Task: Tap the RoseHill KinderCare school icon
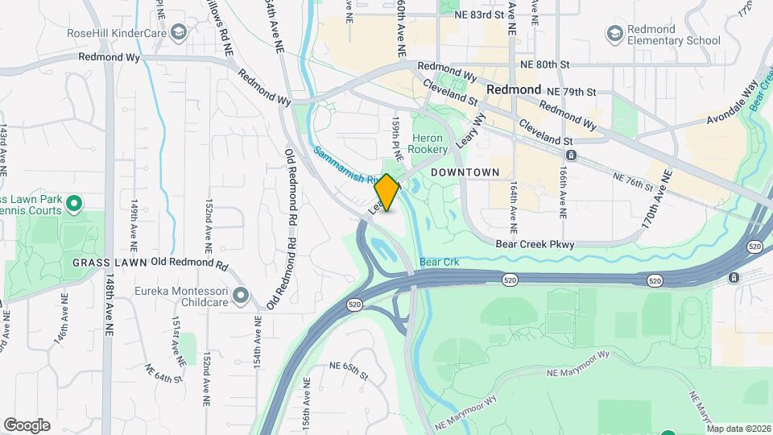pyautogui.click(x=178, y=33)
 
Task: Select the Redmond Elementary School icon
pyautogui.click(x=615, y=33)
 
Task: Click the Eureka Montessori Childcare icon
pyautogui.click(x=240, y=296)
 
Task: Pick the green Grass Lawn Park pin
pyautogui.click(x=75, y=204)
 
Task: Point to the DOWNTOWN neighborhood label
pyautogui.click(x=465, y=173)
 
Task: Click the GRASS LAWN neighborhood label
pyautogui.click(x=110, y=263)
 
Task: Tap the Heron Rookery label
pyautogui.click(x=427, y=144)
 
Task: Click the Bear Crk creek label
pyautogui.click(x=438, y=263)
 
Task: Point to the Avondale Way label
pyautogui.click(x=734, y=106)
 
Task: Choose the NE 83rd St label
pyautogui.click(x=484, y=14)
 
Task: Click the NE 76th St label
pyautogui.click(x=633, y=181)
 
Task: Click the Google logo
pyautogui.click(x=27, y=425)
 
